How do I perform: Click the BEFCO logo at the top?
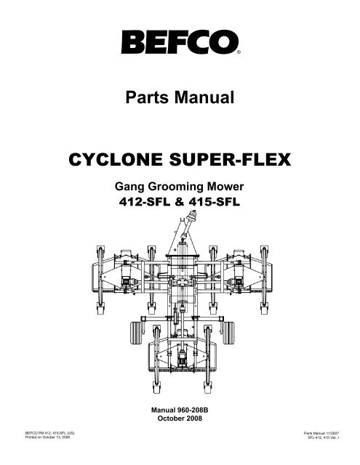(x=180, y=42)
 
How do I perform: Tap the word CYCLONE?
(x=116, y=160)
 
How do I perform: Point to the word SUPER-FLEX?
(x=230, y=160)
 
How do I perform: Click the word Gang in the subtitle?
(x=129, y=187)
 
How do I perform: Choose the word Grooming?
(x=175, y=187)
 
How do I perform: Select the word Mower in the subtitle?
(x=225, y=187)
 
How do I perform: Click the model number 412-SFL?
(x=145, y=202)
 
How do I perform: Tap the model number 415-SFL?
(x=215, y=202)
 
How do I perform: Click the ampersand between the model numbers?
(x=180, y=202)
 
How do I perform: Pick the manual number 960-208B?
(x=193, y=410)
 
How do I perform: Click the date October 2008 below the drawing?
(x=180, y=418)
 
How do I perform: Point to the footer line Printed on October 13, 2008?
(x=47, y=437)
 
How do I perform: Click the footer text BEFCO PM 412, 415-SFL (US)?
(x=50, y=433)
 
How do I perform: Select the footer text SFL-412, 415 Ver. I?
(x=323, y=437)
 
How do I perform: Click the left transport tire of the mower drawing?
(x=136, y=333)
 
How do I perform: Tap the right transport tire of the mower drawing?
(x=228, y=333)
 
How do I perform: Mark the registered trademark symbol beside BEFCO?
(x=239, y=52)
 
